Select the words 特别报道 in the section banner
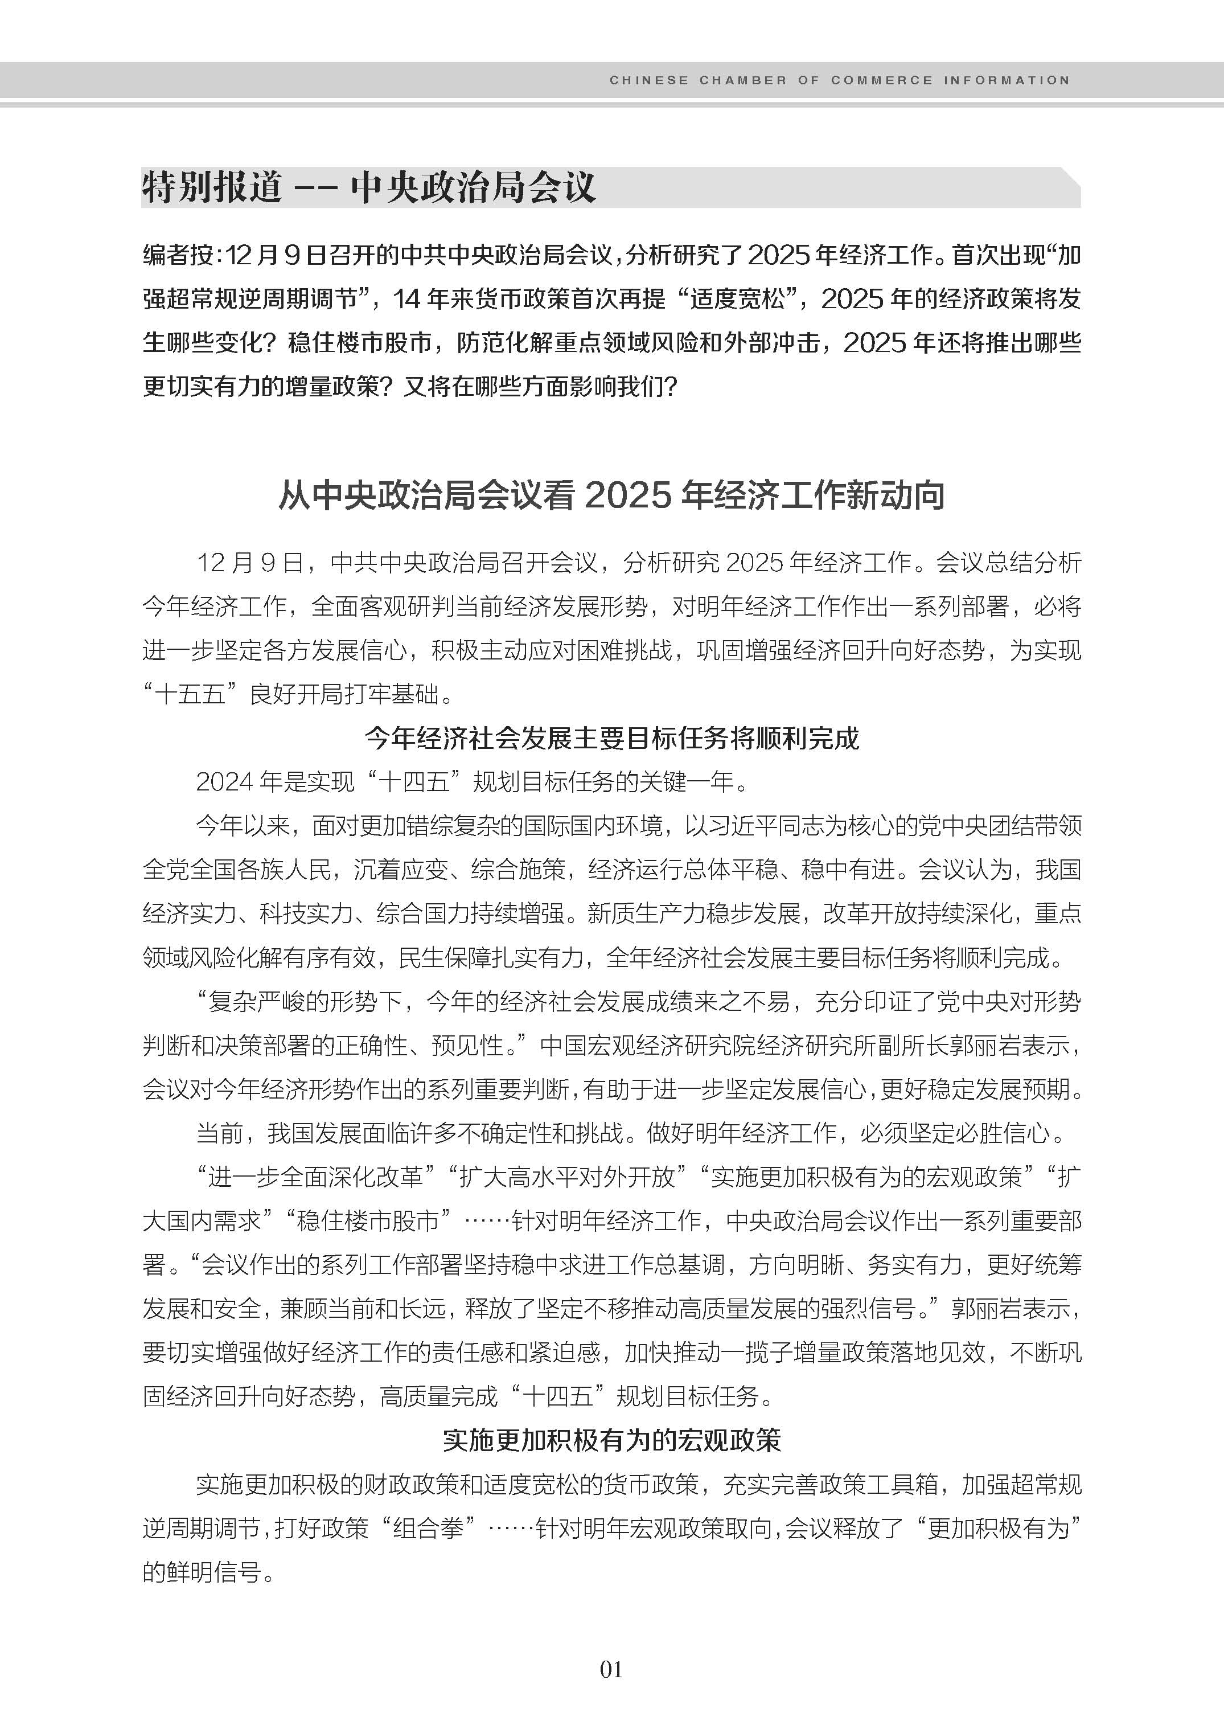click(212, 187)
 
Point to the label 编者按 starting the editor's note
click(177, 256)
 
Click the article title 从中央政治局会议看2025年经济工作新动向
click(611, 495)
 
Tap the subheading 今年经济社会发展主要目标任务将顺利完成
click(611, 738)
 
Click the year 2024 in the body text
click(224, 782)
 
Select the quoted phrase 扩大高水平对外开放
click(567, 1176)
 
